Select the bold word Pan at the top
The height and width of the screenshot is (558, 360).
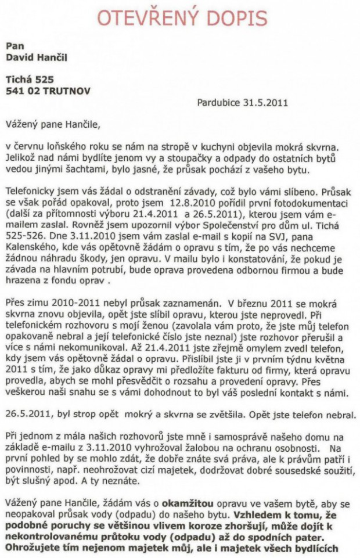15,45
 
